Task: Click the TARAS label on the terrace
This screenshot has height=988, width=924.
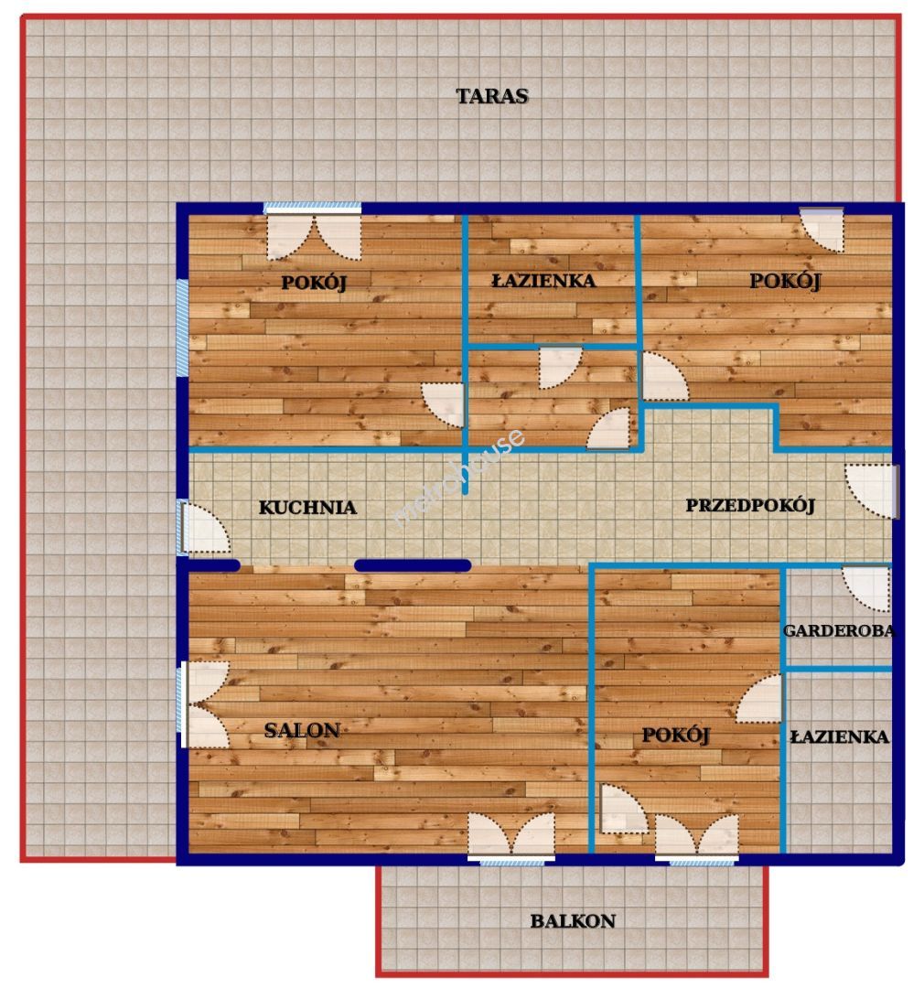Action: pyautogui.click(x=491, y=96)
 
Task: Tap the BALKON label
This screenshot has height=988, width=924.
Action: pyautogui.click(x=573, y=920)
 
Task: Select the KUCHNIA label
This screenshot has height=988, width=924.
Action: pyautogui.click(x=307, y=507)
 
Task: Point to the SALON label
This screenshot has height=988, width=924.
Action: pyautogui.click(x=302, y=730)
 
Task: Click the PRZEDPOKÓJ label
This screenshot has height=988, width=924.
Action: pyautogui.click(x=750, y=505)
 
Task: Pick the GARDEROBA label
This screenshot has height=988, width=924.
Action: pyautogui.click(x=838, y=630)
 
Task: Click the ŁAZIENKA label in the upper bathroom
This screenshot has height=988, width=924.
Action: pyautogui.click(x=543, y=281)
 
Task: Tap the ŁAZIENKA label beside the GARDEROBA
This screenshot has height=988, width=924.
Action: pyautogui.click(x=840, y=736)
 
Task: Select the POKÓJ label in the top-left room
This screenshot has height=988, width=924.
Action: pyautogui.click(x=313, y=283)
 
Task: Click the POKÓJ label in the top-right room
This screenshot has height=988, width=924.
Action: pyautogui.click(x=785, y=281)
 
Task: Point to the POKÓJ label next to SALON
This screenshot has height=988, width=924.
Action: pyautogui.click(x=675, y=735)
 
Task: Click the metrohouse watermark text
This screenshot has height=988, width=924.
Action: pyautogui.click(x=458, y=477)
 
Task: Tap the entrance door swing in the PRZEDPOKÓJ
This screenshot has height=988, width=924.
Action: pyautogui.click(x=871, y=491)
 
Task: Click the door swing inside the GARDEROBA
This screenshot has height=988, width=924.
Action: pyautogui.click(x=866, y=589)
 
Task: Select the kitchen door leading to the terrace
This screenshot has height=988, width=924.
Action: pyautogui.click(x=205, y=528)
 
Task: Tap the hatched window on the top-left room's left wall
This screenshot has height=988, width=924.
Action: pyautogui.click(x=182, y=328)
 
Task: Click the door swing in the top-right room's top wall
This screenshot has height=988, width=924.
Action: pyautogui.click(x=822, y=231)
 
